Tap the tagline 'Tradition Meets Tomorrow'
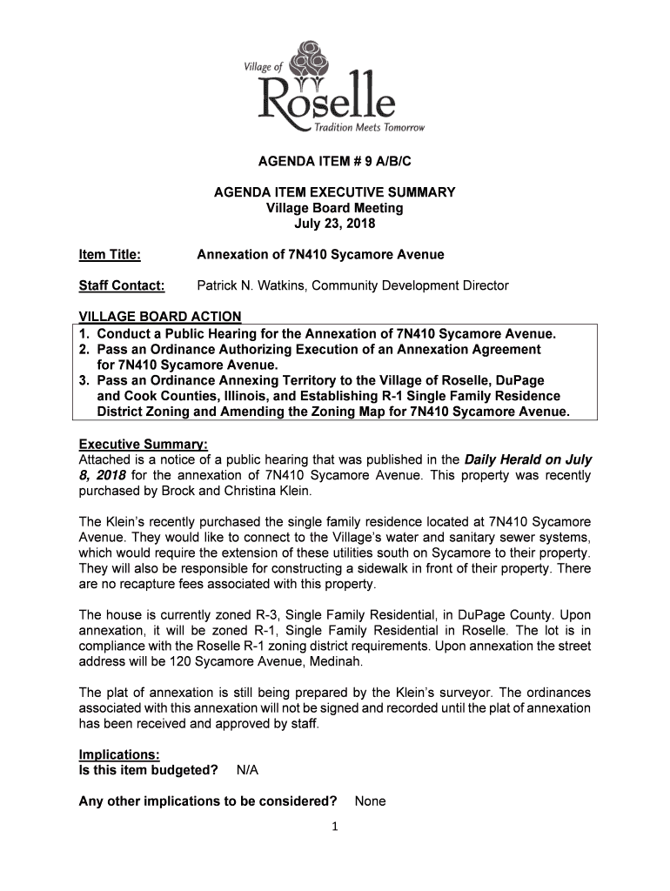376,128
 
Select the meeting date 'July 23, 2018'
335,224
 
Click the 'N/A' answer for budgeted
247,771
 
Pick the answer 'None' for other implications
370,801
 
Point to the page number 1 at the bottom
334,827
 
